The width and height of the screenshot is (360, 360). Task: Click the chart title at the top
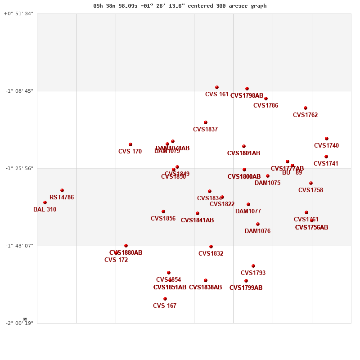click(180, 6)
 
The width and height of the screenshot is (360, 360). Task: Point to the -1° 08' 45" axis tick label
click(19, 91)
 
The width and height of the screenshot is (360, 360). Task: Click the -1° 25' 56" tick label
click(19, 168)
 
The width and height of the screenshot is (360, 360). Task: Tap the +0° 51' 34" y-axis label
click(18, 13)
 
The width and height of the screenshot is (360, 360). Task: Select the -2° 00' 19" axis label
click(19, 323)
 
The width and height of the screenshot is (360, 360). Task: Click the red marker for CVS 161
click(217, 87)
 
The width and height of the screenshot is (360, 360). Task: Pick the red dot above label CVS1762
click(306, 108)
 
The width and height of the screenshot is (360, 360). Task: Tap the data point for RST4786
click(62, 190)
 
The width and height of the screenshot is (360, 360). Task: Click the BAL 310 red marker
click(45, 202)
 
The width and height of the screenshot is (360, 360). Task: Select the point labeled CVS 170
click(130, 144)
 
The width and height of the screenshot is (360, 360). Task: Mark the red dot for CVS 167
click(165, 299)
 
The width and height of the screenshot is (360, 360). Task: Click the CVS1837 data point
click(206, 122)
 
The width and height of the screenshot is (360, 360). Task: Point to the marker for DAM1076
click(258, 224)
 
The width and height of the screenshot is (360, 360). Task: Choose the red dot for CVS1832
click(211, 247)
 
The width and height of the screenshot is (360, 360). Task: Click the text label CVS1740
click(326, 146)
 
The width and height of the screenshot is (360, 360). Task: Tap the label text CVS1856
click(163, 219)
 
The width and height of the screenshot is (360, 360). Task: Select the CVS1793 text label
click(253, 273)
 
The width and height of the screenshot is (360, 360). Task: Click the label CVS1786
click(265, 106)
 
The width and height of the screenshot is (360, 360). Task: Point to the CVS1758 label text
click(310, 190)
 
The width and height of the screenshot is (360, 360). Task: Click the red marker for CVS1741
click(326, 157)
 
